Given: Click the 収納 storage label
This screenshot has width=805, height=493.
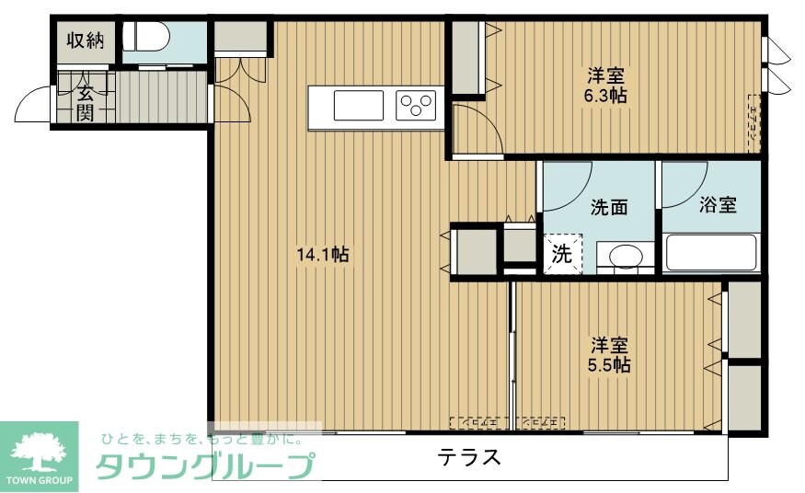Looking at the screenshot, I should point(85,40).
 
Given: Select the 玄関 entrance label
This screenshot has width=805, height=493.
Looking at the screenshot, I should point(85,102).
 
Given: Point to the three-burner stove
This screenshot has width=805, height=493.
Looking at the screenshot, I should point(417,106).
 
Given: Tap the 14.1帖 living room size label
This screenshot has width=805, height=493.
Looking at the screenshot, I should point(322,255).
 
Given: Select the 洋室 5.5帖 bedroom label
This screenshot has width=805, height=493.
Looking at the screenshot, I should point(610,355).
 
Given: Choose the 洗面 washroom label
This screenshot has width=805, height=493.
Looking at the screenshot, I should point(608,207).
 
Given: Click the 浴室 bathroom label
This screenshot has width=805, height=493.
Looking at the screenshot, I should point(718,204).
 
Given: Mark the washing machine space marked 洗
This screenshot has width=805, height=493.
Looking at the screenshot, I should point(561,255).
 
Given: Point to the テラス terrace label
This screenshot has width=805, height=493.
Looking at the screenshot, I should point(469,457).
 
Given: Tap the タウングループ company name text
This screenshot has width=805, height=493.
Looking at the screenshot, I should point(204,467).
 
